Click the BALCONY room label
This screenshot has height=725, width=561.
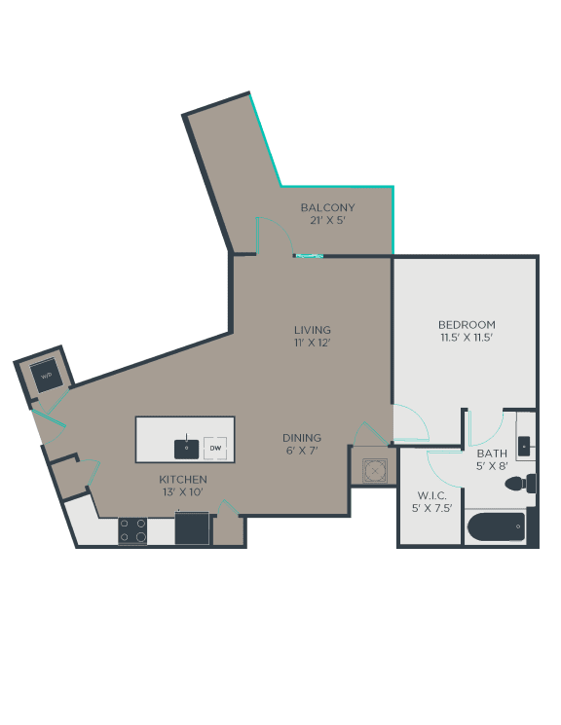327,207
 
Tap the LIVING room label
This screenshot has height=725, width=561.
313,330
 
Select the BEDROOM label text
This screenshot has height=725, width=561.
467,325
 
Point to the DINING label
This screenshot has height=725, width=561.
302,437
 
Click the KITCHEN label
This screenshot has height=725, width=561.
183,479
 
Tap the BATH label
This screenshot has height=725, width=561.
492,453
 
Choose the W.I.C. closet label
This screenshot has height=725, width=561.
431,495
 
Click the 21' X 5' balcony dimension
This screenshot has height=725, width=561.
327,220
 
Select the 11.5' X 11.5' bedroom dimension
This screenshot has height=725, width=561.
467,338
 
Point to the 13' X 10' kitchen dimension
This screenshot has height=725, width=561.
183,492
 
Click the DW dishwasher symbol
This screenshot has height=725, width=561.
215,448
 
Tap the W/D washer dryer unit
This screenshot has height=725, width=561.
47,376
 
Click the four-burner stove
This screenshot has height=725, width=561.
132,530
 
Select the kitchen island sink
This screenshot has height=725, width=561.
187,449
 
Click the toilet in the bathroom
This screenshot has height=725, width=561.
520,484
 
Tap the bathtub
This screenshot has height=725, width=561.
496,526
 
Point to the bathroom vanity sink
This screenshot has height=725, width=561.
524,446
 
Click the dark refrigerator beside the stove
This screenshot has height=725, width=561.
192,527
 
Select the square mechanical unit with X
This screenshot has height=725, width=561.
375,471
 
